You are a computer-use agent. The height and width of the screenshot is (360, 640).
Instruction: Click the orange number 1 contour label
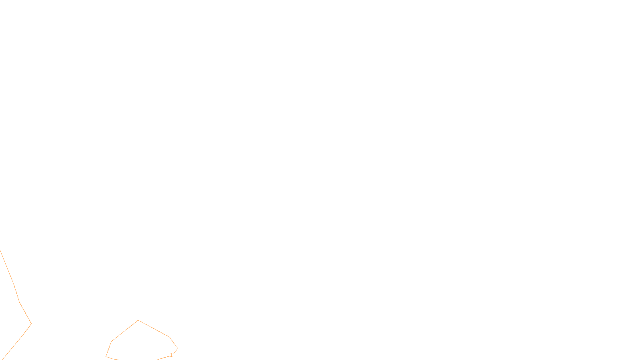[x=171, y=355]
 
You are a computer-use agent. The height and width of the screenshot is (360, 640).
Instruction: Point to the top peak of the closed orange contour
[x=138, y=320]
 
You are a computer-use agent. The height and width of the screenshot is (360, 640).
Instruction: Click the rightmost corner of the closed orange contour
[x=178, y=349]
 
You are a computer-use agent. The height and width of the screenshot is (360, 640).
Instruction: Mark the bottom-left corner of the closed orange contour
[x=106, y=356]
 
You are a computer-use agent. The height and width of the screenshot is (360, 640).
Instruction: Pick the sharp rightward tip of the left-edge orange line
[x=31, y=324]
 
